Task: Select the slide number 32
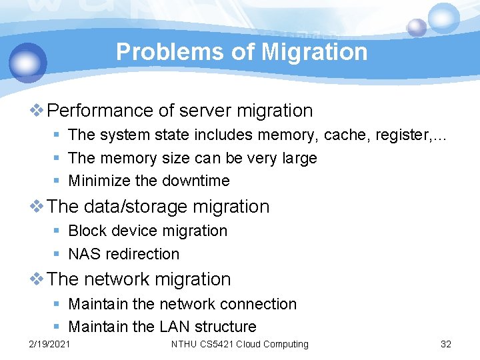446,344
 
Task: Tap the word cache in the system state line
347,135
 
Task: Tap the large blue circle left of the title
28,63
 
